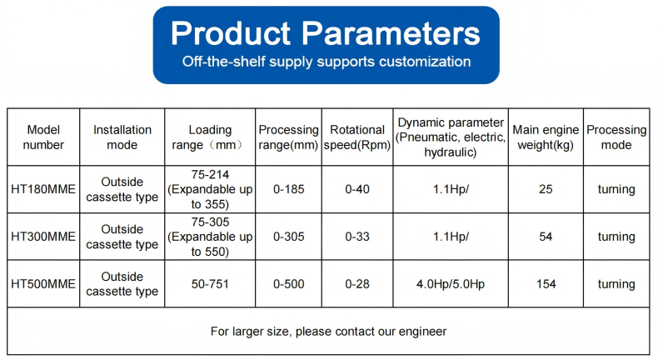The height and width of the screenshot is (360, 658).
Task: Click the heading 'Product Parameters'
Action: click(326, 33)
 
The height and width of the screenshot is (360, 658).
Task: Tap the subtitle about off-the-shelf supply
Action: click(327, 62)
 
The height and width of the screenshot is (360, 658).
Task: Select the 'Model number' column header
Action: click(43, 137)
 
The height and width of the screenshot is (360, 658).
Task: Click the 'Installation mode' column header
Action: click(122, 137)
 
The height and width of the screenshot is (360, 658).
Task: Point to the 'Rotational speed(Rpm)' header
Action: click(357, 137)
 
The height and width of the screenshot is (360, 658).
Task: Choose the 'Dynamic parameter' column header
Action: click(451, 137)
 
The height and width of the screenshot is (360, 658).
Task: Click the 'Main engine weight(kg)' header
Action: click(546, 137)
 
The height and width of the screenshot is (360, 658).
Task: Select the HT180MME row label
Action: click(43, 189)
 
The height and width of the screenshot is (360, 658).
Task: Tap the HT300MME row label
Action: click(43, 237)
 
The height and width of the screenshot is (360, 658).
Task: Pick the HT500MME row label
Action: click(43, 284)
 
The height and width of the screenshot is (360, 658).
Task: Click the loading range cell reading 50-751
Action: click(210, 284)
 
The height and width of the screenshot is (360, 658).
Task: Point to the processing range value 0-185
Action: click(289, 189)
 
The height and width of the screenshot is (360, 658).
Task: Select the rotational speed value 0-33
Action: click(357, 237)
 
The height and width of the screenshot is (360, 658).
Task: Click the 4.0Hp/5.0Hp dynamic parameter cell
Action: click(451, 284)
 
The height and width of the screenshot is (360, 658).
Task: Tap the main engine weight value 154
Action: click(546, 284)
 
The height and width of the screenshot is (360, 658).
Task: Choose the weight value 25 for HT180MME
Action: click(546, 189)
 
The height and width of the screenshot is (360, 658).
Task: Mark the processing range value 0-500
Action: click(289, 284)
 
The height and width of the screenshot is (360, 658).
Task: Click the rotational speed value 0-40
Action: click(357, 189)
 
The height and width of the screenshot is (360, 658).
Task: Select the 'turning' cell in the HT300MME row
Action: click(616, 237)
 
